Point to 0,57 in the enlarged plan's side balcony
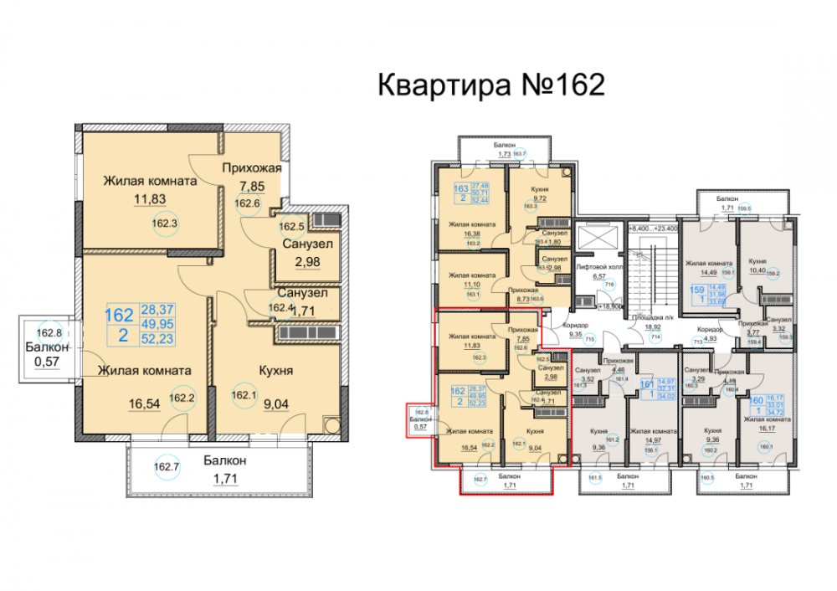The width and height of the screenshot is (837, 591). point(44,362)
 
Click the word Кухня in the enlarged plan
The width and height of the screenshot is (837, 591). point(276,370)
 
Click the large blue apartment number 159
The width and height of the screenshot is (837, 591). point(696,293)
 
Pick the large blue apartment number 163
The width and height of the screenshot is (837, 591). point(459,189)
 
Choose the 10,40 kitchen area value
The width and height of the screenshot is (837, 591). point(755,270)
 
